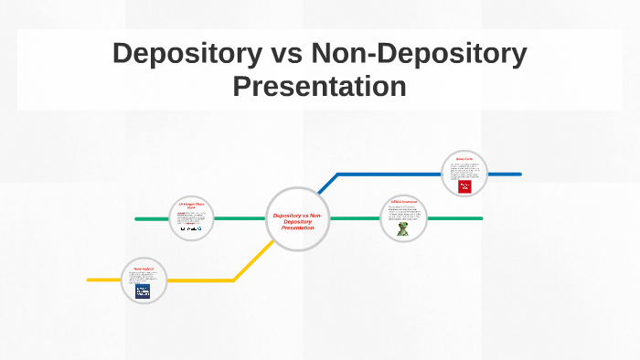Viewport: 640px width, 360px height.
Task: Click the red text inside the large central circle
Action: tap(297, 220)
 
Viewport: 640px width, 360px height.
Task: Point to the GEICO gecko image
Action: tap(402, 229)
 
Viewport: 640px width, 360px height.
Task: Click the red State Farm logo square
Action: tap(464, 186)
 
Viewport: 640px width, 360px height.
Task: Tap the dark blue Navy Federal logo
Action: tap(143, 291)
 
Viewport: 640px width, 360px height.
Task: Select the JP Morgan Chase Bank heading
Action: tap(192, 206)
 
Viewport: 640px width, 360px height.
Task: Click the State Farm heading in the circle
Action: tap(464, 159)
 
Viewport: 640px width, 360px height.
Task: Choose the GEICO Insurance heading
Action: tap(403, 201)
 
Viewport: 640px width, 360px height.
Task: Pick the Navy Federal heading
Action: tap(143, 269)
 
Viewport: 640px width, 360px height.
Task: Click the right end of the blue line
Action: tap(519, 174)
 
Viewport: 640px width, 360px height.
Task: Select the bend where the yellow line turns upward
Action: tap(234, 280)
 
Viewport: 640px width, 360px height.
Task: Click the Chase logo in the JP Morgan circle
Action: tap(192, 229)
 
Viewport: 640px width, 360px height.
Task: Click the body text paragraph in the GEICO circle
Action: tap(403, 213)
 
